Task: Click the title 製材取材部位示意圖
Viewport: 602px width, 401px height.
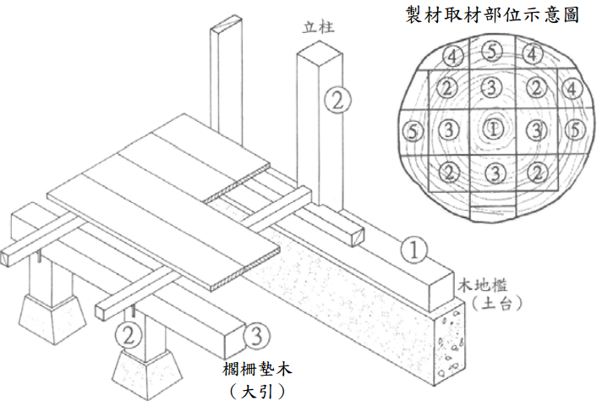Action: tap(491, 15)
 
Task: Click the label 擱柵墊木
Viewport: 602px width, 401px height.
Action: tap(258, 370)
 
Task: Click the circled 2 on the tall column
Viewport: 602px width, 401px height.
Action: tap(336, 102)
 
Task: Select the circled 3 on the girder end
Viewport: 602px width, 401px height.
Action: tap(257, 337)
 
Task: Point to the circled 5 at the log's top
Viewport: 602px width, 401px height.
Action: tap(492, 52)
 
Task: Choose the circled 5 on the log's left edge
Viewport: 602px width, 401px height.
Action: tap(412, 131)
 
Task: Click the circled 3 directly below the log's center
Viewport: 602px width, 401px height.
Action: tap(493, 172)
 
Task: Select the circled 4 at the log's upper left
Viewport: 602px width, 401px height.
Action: tap(452, 56)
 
